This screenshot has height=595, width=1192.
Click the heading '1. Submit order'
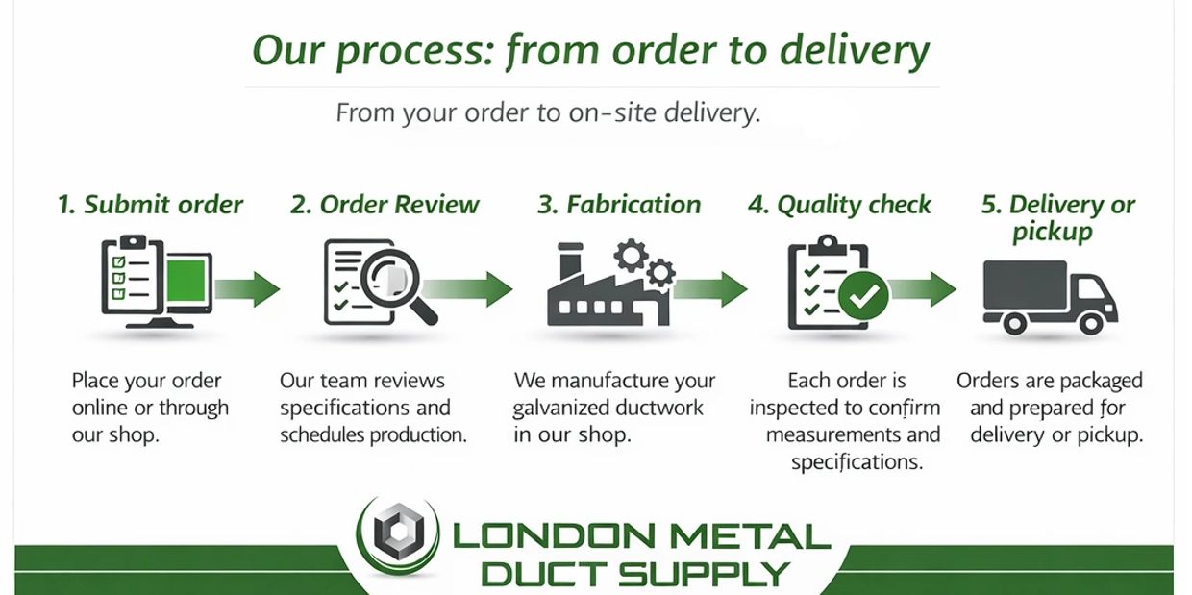150,205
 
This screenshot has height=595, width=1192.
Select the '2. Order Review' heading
385,205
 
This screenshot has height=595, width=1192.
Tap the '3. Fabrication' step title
619,205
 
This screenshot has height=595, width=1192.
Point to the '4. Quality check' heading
839,205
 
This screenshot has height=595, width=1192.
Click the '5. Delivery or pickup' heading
1057,217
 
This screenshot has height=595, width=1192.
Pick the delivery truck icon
1049,292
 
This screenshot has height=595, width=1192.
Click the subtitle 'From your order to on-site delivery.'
548,113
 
